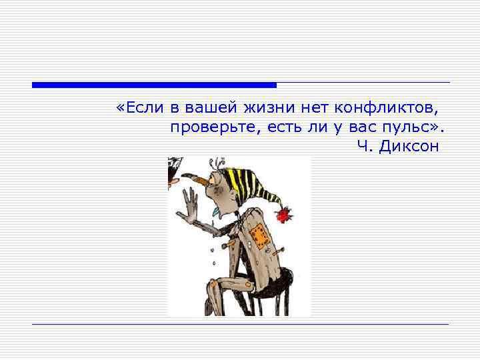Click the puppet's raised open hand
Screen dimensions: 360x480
click(190, 204)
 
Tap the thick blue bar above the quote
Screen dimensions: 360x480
click(154, 85)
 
